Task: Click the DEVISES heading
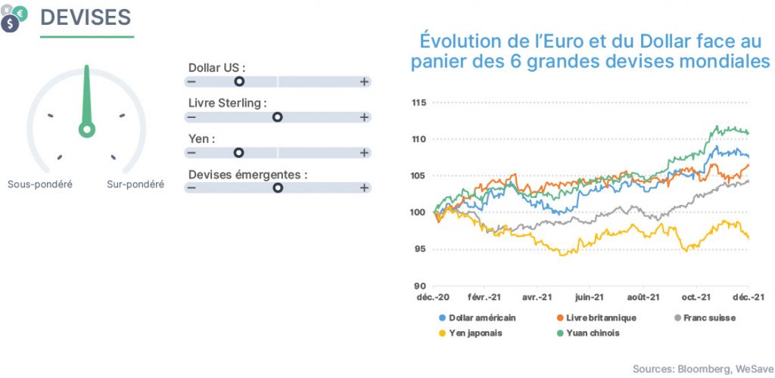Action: tap(86, 17)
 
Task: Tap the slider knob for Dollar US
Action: tap(239, 82)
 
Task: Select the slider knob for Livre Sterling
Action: tap(278, 117)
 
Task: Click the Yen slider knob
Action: tap(238, 153)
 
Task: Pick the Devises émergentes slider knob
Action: tap(278, 187)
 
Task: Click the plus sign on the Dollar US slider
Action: tap(364, 82)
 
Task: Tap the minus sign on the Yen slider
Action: tap(191, 153)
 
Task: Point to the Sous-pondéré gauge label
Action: tap(40, 184)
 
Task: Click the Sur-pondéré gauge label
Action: tap(135, 184)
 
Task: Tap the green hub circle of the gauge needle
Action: tap(87, 130)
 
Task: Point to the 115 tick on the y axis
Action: tap(419, 103)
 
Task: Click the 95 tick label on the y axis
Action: tap(420, 249)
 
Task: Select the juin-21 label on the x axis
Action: tap(590, 298)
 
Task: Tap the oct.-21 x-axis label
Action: tap(696, 298)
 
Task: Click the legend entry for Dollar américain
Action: tap(478, 318)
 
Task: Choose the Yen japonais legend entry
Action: tap(471, 333)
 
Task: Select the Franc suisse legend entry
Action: tap(705, 318)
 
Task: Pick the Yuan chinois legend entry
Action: tap(587, 333)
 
